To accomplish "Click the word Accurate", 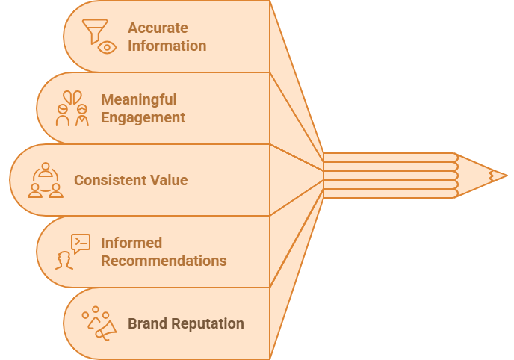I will pyautogui.click(x=158, y=28).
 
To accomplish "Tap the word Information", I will pyautogui.click(x=167, y=46).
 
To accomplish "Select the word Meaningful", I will pyautogui.click(x=138, y=99).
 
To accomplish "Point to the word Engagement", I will pyautogui.click(x=143, y=117).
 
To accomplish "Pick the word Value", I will pyautogui.click(x=170, y=180).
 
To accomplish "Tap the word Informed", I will pyautogui.click(x=131, y=243).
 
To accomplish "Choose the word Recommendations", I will pyautogui.click(x=164, y=261).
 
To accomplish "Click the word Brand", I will pyautogui.click(x=146, y=323).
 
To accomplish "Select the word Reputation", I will pyautogui.click(x=206, y=323).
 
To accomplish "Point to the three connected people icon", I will pyautogui.click(x=46, y=180).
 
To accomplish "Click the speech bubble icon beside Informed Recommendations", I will pyautogui.click(x=80, y=243).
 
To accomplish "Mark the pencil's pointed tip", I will pyautogui.click(x=503, y=176).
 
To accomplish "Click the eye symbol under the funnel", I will pyautogui.click(x=108, y=47).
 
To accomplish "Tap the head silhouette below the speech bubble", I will pyautogui.click(x=64, y=260).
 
